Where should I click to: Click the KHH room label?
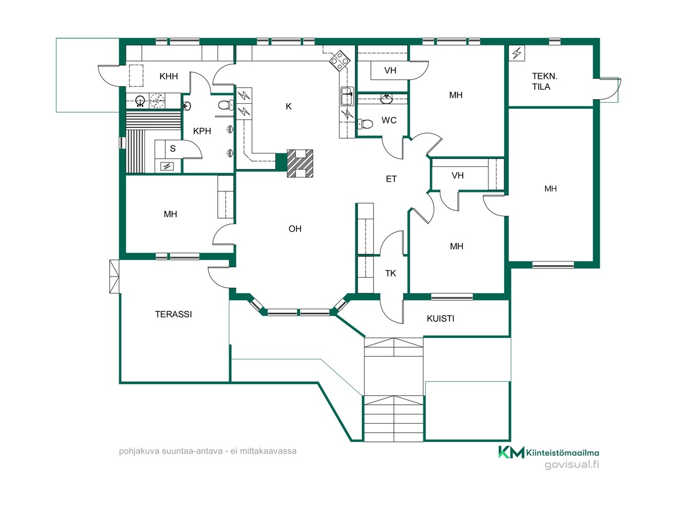point(169,76)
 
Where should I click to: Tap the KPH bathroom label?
point(202,131)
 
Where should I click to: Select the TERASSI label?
point(173,315)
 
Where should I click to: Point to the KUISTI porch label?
point(440,319)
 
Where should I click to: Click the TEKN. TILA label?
point(544,82)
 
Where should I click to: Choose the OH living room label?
point(295,229)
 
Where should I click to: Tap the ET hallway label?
point(391,179)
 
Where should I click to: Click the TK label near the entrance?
point(391,274)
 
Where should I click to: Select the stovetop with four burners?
point(340,60)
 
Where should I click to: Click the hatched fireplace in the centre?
point(300,163)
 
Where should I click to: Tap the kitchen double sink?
point(347,96)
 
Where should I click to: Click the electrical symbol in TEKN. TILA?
point(516,53)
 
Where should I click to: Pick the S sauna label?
point(173,149)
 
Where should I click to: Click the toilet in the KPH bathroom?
point(225,105)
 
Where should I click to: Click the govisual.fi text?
point(572,464)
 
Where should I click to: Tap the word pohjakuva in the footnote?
point(135,451)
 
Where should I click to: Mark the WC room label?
point(389,120)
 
